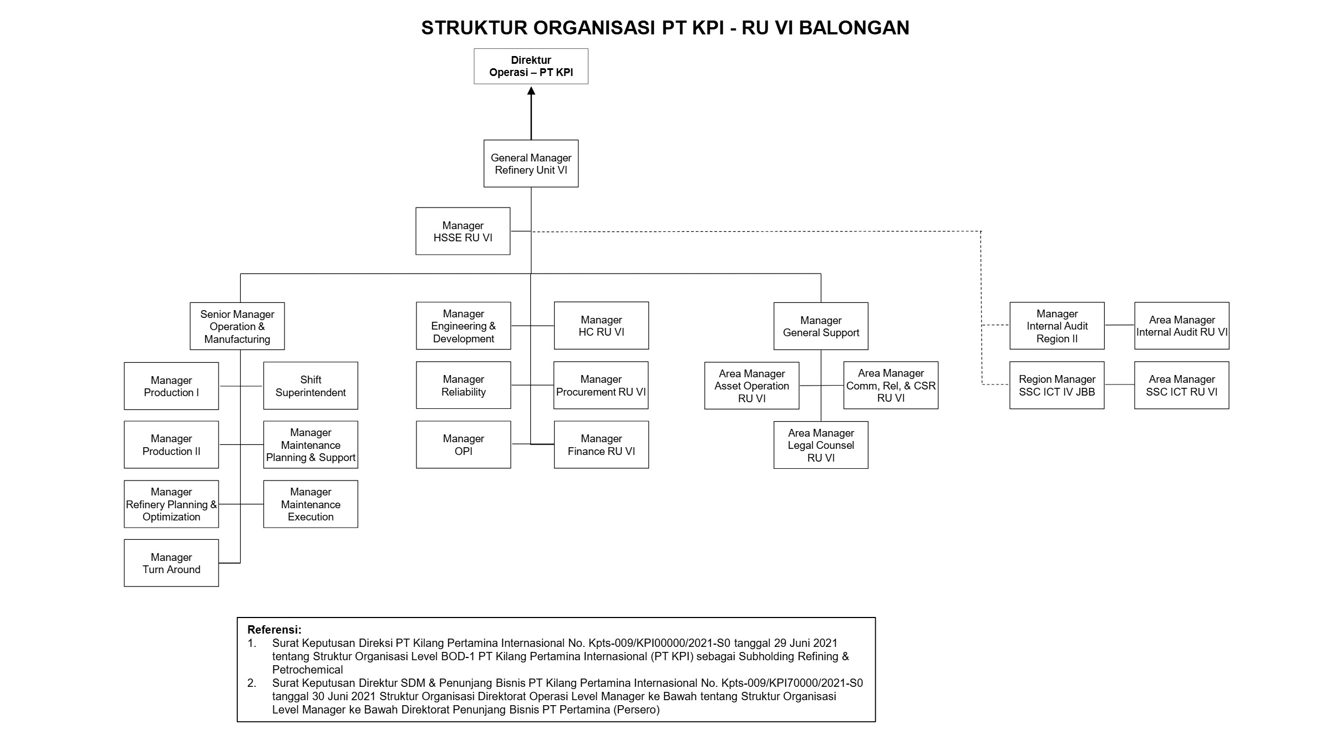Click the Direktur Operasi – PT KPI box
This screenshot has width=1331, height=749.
[531, 67]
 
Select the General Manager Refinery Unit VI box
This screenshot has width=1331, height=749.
[531, 164]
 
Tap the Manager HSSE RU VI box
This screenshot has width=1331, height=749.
[463, 231]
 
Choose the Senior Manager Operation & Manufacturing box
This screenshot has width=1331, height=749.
[237, 326]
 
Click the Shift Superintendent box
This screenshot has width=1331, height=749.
[311, 386]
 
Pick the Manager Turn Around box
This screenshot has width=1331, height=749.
[171, 563]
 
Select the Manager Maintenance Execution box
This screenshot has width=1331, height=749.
[311, 504]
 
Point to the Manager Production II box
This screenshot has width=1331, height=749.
[171, 445]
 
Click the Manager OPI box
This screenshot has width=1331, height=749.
[464, 445]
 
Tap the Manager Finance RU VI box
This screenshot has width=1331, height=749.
[601, 445]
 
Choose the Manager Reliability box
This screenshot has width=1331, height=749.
[464, 386]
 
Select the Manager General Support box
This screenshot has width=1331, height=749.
[821, 326]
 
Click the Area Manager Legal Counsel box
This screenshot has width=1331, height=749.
[821, 445]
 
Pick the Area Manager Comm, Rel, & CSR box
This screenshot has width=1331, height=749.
[891, 386]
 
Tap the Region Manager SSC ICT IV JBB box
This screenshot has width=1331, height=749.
[1057, 386]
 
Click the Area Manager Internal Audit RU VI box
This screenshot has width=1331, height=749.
[1182, 326]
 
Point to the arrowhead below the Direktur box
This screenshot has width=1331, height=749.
[531, 90]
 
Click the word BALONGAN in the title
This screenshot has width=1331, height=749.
[854, 28]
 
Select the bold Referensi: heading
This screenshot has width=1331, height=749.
[275, 630]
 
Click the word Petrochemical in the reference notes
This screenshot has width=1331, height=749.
[308, 670]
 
